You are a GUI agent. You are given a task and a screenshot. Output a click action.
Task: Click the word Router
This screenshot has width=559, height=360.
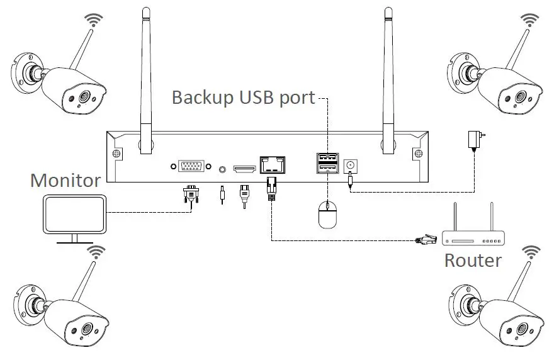tap(473, 259)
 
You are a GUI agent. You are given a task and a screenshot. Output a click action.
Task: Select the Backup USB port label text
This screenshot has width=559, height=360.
tap(243, 98)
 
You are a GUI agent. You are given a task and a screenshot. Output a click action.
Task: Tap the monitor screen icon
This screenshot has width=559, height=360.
tap(74, 215)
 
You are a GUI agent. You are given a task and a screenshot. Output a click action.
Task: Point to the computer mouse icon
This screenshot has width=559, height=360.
tap(328, 215)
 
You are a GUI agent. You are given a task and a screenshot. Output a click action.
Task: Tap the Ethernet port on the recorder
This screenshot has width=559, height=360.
tap(272, 165)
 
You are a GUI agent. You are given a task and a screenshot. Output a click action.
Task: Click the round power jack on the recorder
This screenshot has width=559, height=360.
tap(349, 166)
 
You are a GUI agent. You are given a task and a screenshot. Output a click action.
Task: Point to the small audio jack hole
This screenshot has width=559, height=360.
tap(222, 169)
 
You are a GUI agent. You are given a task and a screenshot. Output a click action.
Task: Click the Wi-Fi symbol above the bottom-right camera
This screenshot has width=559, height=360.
tap(531, 252)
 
